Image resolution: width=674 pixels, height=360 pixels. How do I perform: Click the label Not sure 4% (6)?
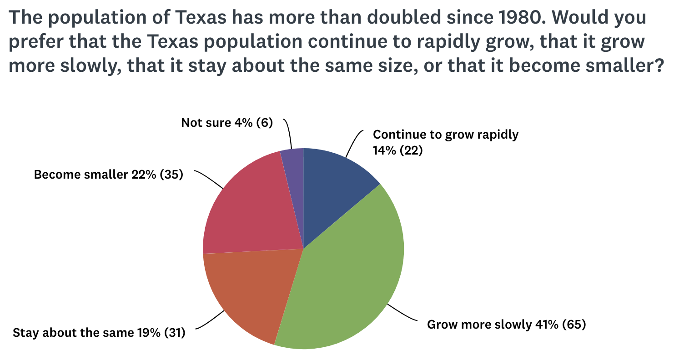click(x=226, y=123)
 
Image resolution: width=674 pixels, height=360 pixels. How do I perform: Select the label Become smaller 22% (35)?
click(x=109, y=175)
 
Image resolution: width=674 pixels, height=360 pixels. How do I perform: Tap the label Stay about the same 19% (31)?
click(x=99, y=333)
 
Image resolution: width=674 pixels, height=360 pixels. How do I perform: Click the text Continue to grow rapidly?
click(x=445, y=135)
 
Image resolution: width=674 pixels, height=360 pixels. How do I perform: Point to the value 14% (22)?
click(x=397, y=150)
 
